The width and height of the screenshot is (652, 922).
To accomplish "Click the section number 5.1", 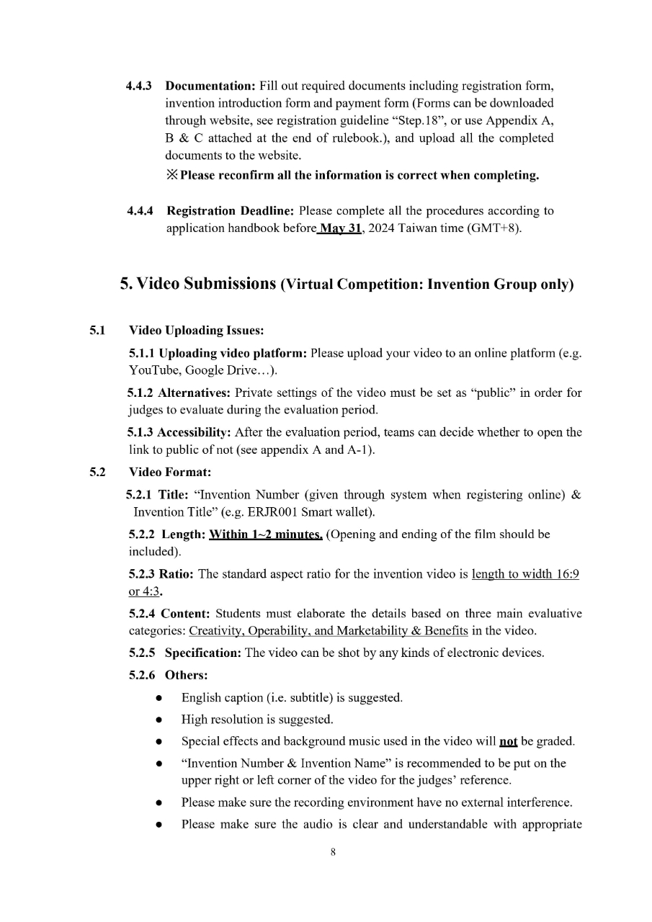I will pyautogui.click(x=97, y=331).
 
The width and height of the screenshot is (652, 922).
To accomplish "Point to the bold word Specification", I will pyautogui.click(x=202, y=653).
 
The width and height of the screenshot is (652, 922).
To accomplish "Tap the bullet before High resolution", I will pyautogui.click(x=158, y=720).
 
